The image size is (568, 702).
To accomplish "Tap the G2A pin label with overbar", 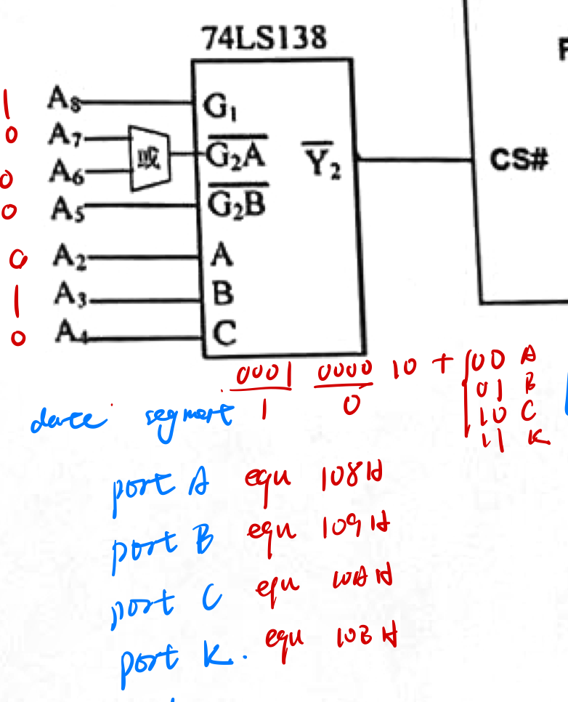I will point(236,154).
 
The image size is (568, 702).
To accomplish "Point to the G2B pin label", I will point(236,204).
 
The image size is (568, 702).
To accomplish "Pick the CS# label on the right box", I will point(518,160).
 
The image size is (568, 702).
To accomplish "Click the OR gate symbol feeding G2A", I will point(150,156).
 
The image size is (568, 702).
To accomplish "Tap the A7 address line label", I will point(63,134).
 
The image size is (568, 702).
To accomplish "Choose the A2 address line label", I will point(69,257).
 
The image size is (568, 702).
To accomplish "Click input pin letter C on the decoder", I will point(225,334).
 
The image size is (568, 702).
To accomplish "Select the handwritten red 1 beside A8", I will point(7,104).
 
